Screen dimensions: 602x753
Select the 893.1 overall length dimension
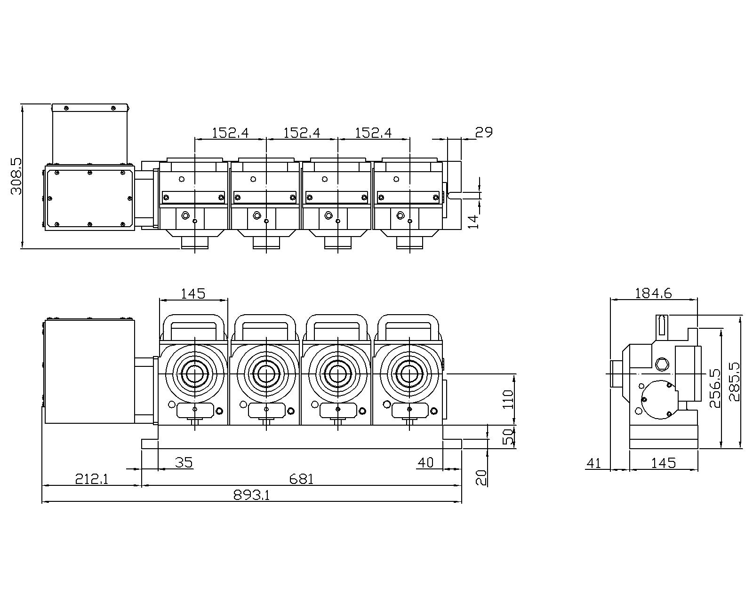click(251, 495)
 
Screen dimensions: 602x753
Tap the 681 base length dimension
click(301, 479)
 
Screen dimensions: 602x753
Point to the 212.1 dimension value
click(92, 479)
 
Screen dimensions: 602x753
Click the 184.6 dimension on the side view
click(653, 293)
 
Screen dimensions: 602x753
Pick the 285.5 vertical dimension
click(733, 381)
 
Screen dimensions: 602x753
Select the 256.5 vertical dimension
click(714, 388)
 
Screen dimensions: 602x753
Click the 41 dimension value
click(594, 463)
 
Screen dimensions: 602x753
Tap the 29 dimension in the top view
click(483, 133)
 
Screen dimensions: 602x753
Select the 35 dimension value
click(184, 463)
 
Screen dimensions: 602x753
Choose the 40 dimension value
click(425, 463)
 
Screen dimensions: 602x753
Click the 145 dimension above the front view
click(193, 293)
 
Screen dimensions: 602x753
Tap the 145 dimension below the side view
click(664, 463)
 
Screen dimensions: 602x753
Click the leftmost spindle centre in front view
click(194, 374)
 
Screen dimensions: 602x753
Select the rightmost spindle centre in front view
click(410, 374)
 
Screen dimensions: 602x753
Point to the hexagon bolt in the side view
click(661, 363)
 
